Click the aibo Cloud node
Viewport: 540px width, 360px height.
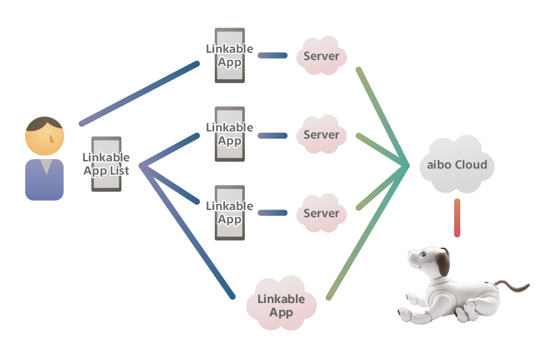click(457, 164)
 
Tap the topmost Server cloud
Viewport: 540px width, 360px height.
click(322, 56)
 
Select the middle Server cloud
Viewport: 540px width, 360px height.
click(322, 134)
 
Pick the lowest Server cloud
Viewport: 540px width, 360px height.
click(322, 213)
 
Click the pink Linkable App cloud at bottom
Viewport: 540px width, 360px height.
click(281, 305)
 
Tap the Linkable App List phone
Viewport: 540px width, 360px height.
click(106, 164)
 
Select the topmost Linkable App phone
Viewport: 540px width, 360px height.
click(229, 56)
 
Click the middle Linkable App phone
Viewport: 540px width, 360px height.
click(229, 134)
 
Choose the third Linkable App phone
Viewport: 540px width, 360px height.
click(229, 213)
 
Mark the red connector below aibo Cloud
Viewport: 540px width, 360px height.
click(457, 217)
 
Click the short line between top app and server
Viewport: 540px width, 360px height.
click(272, 56)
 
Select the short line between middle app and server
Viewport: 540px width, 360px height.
click(272, 135)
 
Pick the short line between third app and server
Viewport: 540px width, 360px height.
click(272, 213)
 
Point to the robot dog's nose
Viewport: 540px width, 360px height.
click(410, 254)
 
